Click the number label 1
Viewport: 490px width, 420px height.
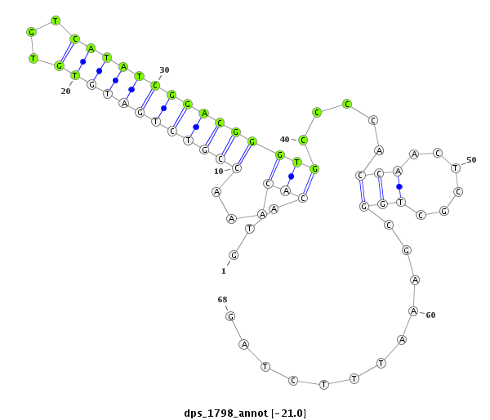point(224,271)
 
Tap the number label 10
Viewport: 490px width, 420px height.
point(218,172)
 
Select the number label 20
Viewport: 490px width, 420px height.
point(65,91)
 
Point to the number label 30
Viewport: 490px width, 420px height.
point(164,69)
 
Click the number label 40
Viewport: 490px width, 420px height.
point(284,139)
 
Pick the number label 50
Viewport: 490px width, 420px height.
point(471,160)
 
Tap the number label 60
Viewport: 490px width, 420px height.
point(430,315)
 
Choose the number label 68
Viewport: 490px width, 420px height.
point(222,300)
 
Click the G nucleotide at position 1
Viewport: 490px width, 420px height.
point(234,255)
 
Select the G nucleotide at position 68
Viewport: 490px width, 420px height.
point(230,316)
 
